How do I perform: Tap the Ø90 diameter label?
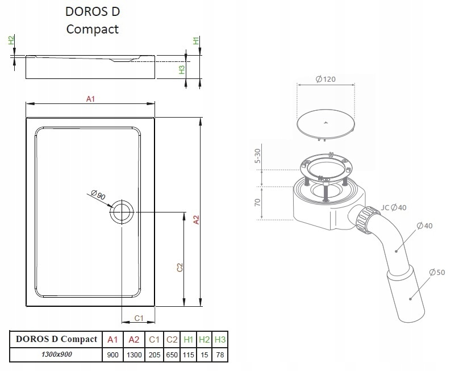point(98,195)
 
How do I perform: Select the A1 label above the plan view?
point(90,99)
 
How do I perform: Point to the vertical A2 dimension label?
point(197,220)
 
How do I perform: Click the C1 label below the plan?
point(139,318)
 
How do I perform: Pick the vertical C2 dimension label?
point(180,268)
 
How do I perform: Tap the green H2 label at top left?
point(11,40)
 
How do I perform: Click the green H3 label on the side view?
point(182,70)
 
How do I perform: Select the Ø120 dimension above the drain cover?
point(326,79)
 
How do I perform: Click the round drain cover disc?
point(326,123)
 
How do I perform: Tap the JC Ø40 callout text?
point(394,207)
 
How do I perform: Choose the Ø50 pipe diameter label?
point(437,272)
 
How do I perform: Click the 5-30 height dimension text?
point(257,156)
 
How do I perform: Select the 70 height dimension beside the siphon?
point(257,202)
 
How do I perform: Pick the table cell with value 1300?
point(134,355)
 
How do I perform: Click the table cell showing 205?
point(155,355)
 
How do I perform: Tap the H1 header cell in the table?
point(188,340)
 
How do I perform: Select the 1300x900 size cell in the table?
point(56,355)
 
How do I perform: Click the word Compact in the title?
point(92,29)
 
